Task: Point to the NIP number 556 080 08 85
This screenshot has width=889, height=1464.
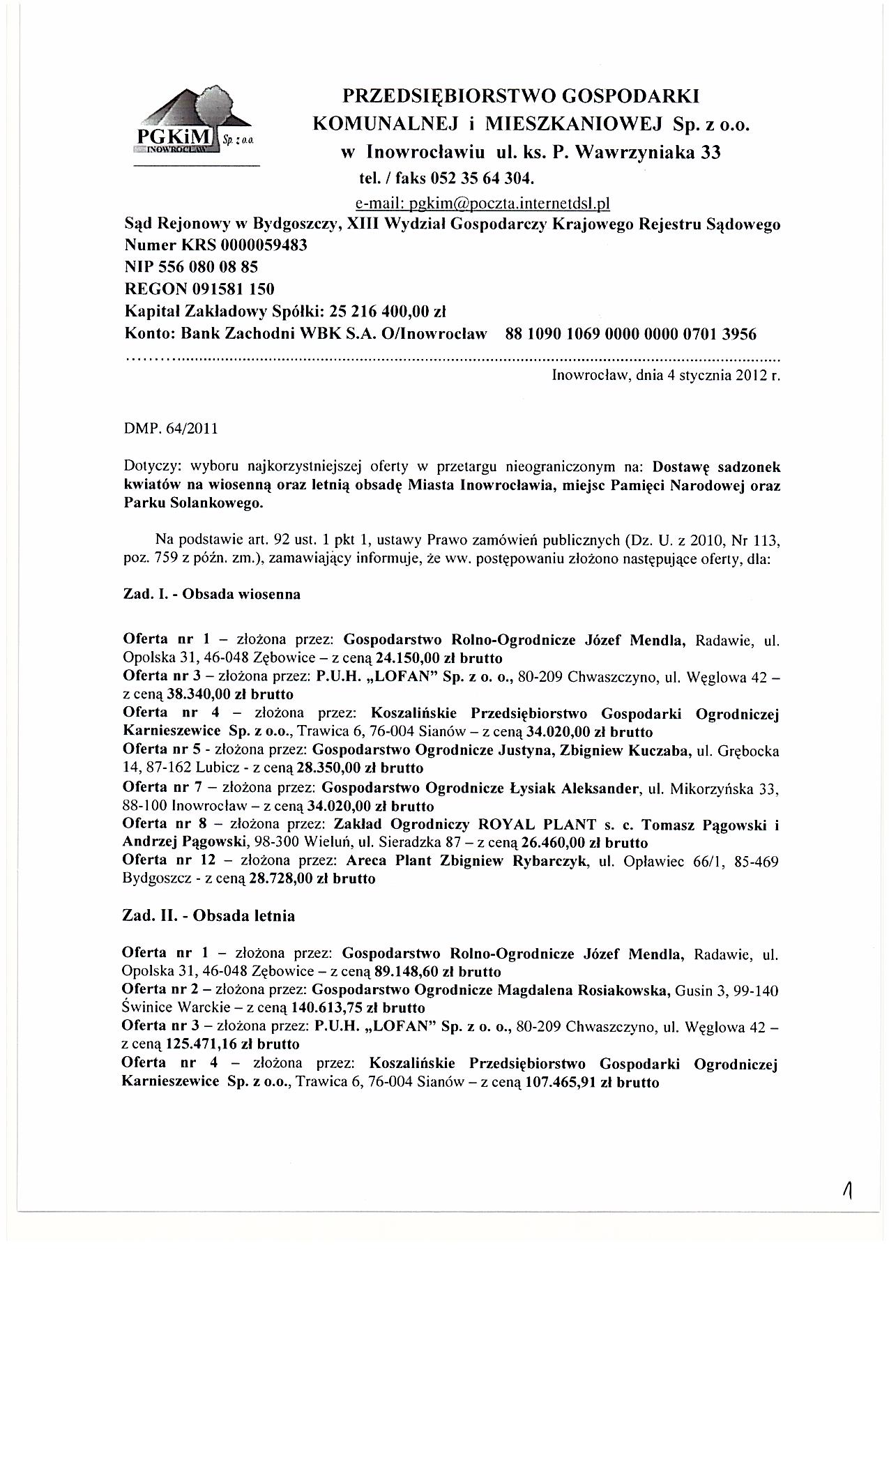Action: (x=218, y=267)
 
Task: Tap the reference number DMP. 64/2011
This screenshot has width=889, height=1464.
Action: (x=170, y=428)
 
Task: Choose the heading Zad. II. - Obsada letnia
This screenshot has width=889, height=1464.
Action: (x=208, y=915)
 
